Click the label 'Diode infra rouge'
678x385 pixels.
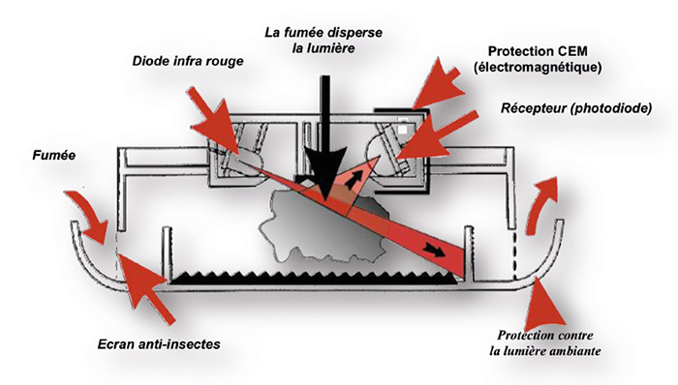click(x=188, y=61)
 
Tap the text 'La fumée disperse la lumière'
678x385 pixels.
click(x=324, y=40)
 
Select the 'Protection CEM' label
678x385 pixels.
click(x=538, y=51)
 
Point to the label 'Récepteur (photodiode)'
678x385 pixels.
click(x=576, y=108)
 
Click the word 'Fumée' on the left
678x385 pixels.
click(x=54, y=155)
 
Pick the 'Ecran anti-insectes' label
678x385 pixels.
click(x=159, y=344)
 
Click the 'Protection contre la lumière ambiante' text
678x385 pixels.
click(x=545, y=343)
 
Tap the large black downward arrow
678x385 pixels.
click(x=325, y=138)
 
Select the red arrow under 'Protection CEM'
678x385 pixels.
click(x=438, y=84)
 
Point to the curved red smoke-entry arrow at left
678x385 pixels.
click(x=89, y=216)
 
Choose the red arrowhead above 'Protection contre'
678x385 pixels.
click(x=545, y=304)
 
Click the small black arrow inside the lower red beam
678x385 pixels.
click(x=434, y=250)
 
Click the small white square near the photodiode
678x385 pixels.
click(x=403, y=130)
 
